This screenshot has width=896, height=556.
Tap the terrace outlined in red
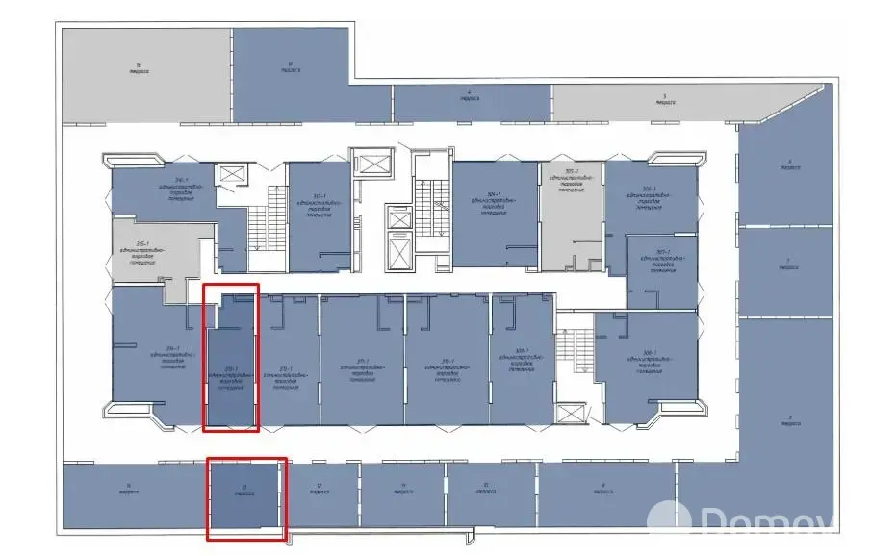[246, 495]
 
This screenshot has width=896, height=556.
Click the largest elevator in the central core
[397, 248]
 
